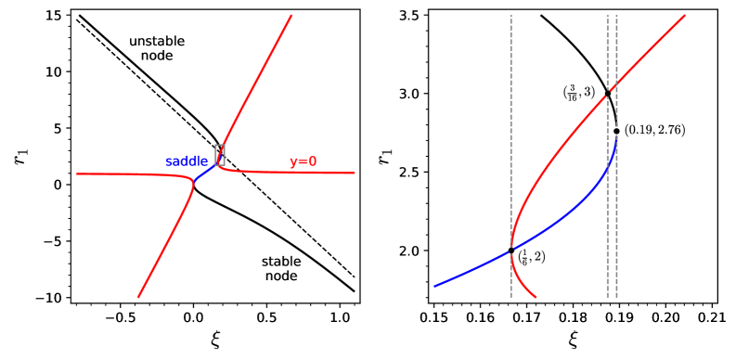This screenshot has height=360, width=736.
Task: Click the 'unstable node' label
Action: (156, 49)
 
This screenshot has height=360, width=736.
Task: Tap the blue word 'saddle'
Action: (187, 161)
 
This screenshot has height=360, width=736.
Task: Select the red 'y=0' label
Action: (303, 161)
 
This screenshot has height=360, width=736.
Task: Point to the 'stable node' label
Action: (280, 268)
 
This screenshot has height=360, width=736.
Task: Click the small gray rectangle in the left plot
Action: (220, 155)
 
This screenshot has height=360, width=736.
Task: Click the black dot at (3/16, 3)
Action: (608, 93)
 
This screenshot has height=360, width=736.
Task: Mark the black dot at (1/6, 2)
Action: (511, 251)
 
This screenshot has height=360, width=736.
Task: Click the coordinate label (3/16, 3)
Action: (579, 92)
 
